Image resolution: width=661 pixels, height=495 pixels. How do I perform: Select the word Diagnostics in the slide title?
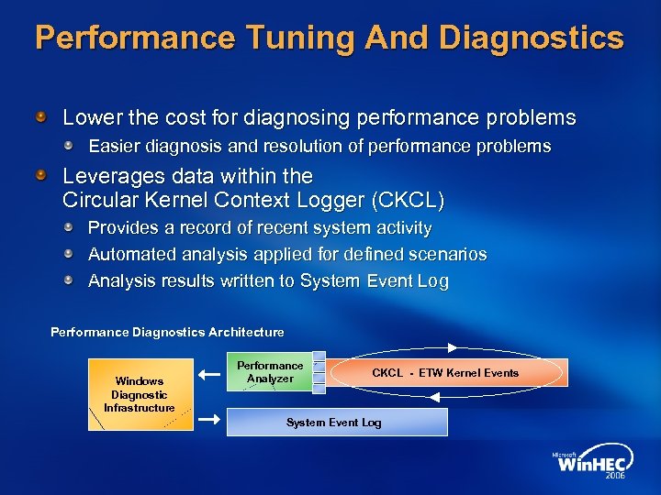pos(532,38)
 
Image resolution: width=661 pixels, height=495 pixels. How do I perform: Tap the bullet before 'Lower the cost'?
pos(41,117)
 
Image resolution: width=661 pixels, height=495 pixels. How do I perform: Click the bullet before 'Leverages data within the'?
pos(41,174)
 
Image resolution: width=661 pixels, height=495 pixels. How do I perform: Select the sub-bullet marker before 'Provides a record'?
pos(69,225)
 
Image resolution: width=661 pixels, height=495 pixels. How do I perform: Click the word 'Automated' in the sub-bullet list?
pos(129,254)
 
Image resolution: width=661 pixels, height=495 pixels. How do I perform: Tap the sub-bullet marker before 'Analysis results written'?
pos(69,280)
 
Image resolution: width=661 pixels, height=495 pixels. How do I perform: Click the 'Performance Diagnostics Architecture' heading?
pos(167,332)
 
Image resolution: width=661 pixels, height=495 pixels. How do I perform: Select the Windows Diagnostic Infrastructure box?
pos(140,394)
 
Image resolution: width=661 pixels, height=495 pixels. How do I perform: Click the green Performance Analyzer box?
pos(270,372)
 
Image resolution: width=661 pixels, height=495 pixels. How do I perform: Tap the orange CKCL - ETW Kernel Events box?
pos(445,373)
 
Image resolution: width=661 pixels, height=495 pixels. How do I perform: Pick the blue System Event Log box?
pos(334,422)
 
